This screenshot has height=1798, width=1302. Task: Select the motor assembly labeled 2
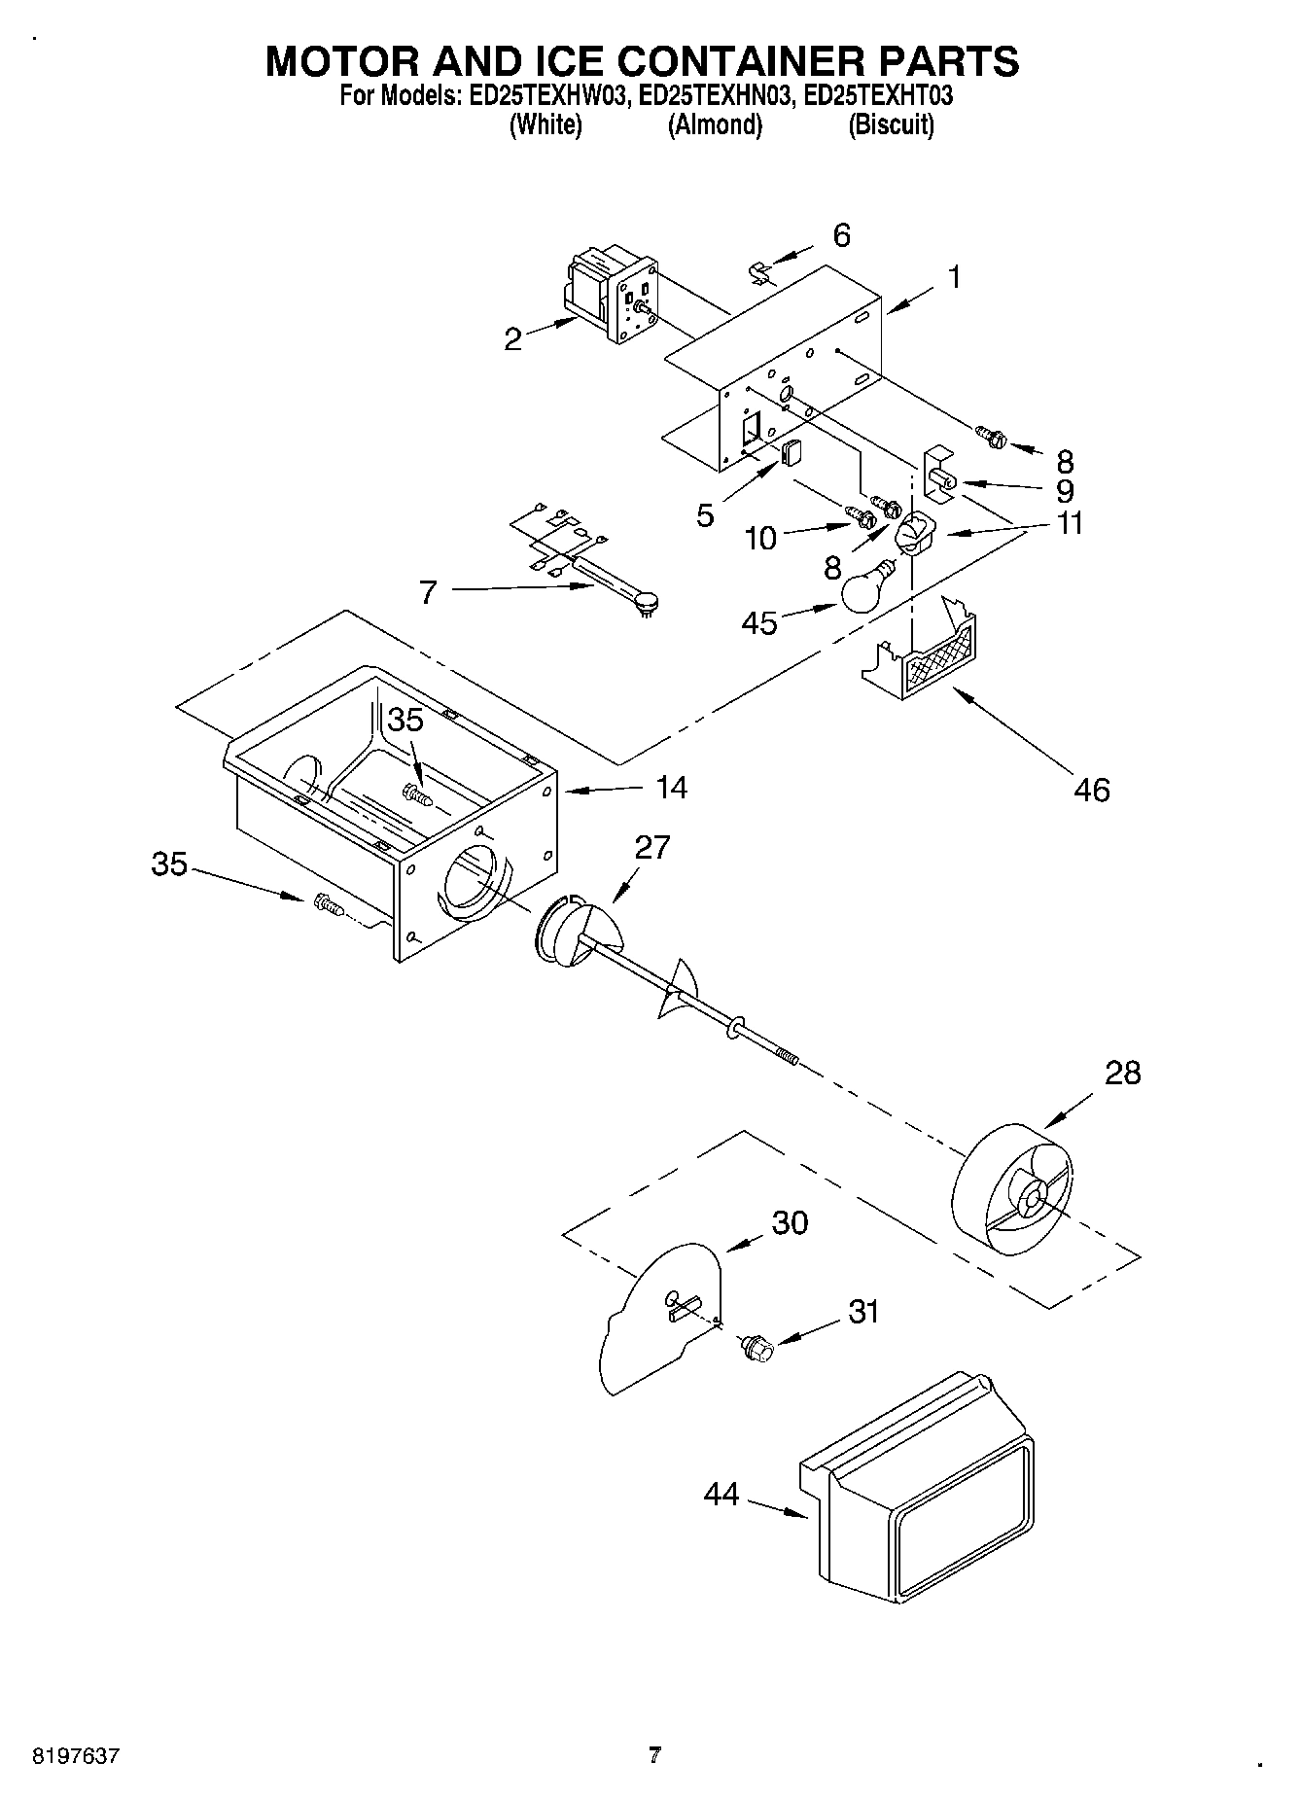click(x=613, y=295)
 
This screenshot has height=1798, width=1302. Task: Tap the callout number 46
click(x=1091, y=790)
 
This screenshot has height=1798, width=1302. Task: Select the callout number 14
click(x=670, y=787)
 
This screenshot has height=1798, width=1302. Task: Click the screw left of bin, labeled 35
click(x=326, y=906)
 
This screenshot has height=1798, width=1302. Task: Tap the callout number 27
click(x=653, y=847)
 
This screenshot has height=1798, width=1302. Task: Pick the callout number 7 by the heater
click(x=428, y=591)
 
